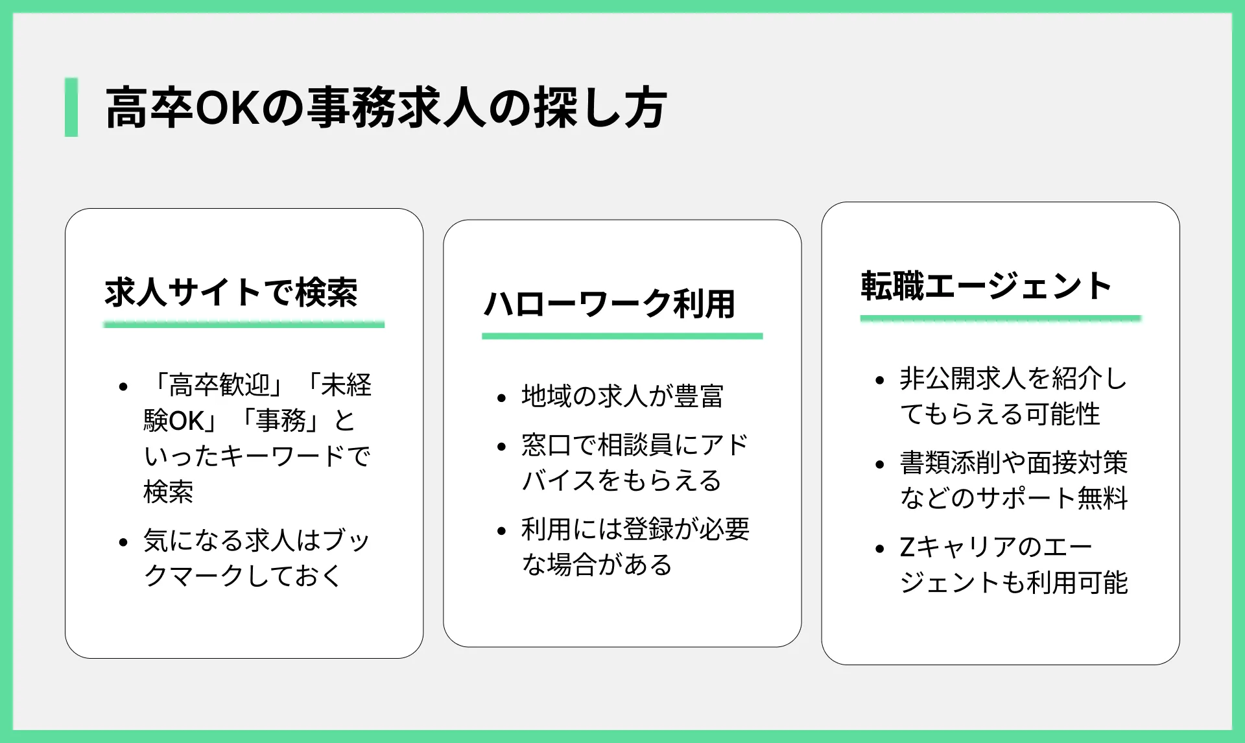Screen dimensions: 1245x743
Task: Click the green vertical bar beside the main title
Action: click(71, 107)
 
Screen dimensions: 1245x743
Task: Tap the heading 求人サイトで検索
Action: click(231, 292)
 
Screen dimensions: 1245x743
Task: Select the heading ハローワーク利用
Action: click(609, 303)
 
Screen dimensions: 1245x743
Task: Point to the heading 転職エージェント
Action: click(986, 286)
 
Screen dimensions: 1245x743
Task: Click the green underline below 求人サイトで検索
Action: click(244, 324)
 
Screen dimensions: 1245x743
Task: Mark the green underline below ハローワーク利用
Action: click(622, 336)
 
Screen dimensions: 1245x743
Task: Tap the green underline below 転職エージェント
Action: click(1001, 318)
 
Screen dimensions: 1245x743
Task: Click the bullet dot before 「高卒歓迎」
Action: click(123, 387)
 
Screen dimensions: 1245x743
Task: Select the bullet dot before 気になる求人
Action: click(123, 542)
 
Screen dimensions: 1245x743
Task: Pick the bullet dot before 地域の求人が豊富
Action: click(501, 398)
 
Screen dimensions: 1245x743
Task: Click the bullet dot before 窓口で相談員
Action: click(501, 447)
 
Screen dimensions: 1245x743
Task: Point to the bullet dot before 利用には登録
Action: click(501, 531)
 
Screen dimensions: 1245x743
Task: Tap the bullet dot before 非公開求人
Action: click(880, 380)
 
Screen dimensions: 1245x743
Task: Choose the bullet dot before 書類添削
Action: click(880, 464)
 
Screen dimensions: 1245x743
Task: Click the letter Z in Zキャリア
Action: click(907, 547)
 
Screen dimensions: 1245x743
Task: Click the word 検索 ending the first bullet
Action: click(169, 491)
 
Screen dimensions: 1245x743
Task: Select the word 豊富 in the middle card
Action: click(699, 396)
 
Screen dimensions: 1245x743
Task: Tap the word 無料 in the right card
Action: click(1103, 498)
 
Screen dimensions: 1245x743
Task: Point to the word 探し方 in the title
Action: click(601, 108)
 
